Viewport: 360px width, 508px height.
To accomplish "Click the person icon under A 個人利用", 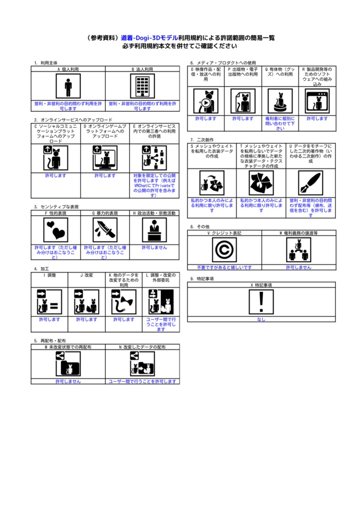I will [x=68, y=87].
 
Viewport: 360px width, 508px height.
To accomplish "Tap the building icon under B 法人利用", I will [x=143, y=87].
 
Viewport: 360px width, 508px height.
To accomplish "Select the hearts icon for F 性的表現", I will [x=56, y=229].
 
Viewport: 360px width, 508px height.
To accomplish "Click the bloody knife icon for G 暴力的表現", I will [x=105, y=229].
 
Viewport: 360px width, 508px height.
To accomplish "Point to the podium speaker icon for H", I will [x=154, y=229].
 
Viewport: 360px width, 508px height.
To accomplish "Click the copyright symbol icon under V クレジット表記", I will [x=224, y=250].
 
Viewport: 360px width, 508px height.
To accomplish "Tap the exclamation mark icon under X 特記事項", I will [x=261, y=302].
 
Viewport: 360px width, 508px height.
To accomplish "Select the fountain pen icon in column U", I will [x=310, y=183].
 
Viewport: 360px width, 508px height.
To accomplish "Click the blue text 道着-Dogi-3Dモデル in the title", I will [x=149, y=38].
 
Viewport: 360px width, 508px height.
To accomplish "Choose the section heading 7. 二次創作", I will [x=202, y=140].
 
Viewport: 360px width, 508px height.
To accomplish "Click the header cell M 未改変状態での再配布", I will [x=68, y=347].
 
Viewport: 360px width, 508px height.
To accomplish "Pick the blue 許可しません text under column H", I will [x=154, y=247].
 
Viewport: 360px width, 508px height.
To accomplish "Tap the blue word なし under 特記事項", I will [x=261, y=319].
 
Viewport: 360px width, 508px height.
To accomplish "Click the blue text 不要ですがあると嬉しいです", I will [x=224, y=267].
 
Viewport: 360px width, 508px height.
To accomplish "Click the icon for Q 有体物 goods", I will [x=280, y=101].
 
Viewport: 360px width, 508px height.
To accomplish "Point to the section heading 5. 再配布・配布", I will [x=50, y=341].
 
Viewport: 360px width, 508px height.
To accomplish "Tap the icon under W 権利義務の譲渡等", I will [x=298, y=250].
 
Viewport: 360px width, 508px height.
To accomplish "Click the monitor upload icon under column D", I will [x=105, y=158].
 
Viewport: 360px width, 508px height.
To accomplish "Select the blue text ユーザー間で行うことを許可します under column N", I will [x=143, y=381].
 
